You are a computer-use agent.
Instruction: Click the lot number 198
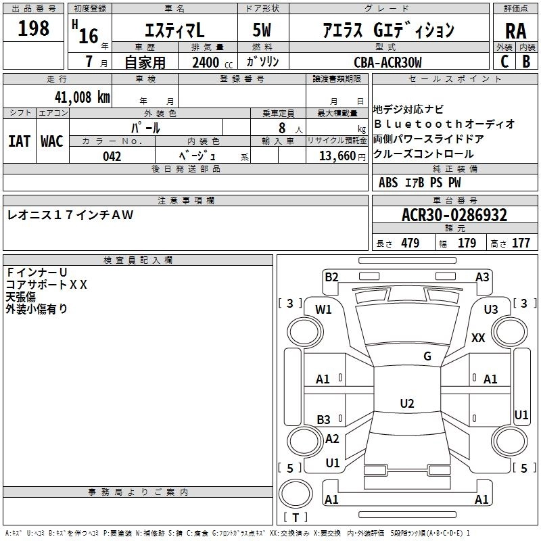coord(34,28)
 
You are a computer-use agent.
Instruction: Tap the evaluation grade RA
coord(515,31)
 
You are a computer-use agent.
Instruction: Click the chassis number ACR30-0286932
coord(454,216)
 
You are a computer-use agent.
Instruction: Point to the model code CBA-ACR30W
coord(387,62)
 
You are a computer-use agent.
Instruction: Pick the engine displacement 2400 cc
coord(206,63)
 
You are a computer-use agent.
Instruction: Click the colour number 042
coord(112,156)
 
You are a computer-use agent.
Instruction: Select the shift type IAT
coord(18,141)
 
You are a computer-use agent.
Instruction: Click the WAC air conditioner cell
coord(52,141)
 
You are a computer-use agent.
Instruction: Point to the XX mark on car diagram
coord(478,338)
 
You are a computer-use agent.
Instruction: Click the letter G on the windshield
coord(427,356)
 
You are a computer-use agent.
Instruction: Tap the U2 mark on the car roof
coord(406,404)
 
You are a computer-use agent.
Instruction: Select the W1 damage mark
coord(323,310)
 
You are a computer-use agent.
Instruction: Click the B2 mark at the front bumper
coord(331,277)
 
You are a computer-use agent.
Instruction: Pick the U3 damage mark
coord(490,310)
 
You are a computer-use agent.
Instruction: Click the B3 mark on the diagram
coord(323,419)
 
